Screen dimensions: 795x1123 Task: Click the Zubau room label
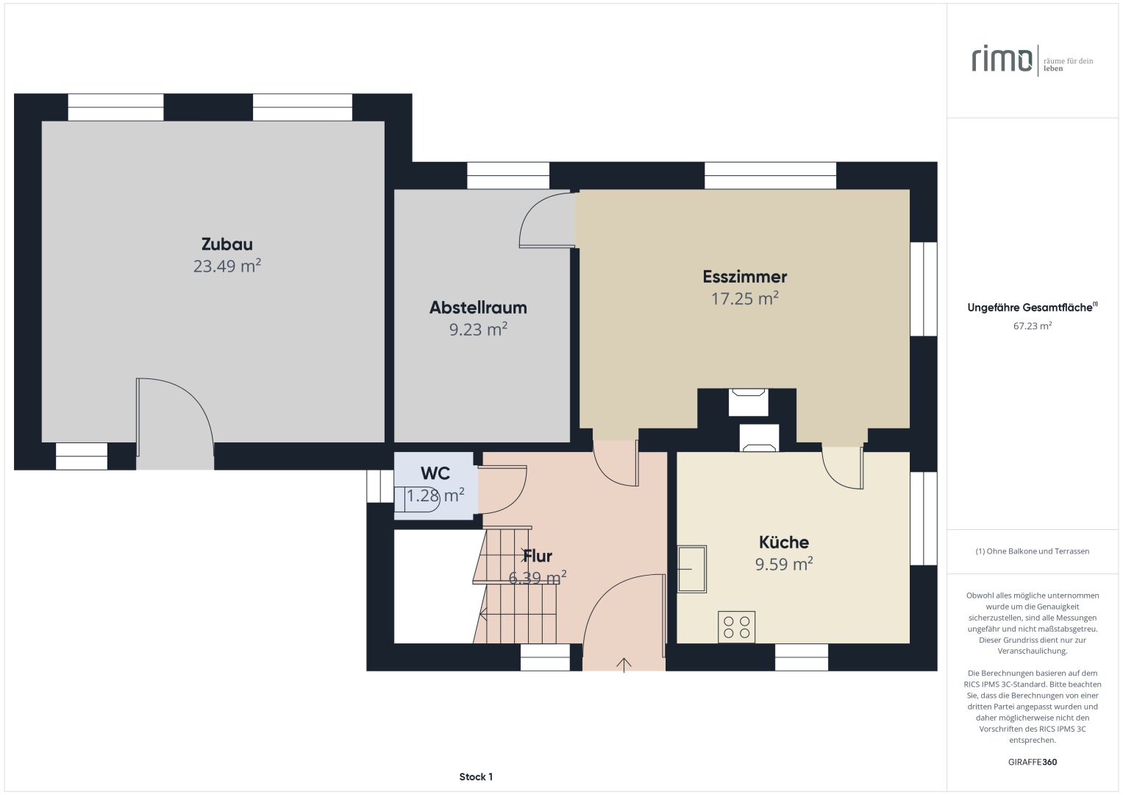click(227, 244)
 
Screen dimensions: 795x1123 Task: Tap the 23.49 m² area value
click(227, 266)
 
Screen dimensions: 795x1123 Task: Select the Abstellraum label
click(478, 308)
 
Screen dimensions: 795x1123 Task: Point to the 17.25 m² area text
click(744, 299)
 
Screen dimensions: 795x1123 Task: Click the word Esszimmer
click(744, 277)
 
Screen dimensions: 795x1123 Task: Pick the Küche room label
click(784, 543)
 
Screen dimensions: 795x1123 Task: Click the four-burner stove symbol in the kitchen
click(736, 627)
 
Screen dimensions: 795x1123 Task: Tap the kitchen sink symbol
click(691, 569)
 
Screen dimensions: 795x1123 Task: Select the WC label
click(435, 473)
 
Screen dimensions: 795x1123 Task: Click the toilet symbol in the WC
click(416, 499)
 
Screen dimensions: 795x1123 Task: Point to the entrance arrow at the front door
click(624, 664)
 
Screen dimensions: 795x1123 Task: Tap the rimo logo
click(1002, 59)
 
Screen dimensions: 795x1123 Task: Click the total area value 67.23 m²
click(1032, 326)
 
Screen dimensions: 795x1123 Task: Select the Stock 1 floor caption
click(476, 777)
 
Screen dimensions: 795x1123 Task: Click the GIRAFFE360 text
click(1032, 762)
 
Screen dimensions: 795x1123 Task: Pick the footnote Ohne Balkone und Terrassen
click(1032, 551)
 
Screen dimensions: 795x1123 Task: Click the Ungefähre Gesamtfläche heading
click(1031, 308)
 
